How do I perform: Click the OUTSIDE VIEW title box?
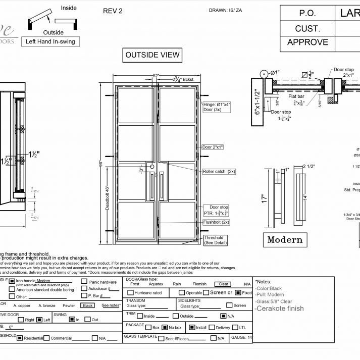tap(152, 55)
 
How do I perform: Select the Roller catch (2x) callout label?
tap(219, 172)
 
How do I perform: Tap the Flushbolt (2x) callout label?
tap(216, 222)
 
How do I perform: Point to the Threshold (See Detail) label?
tap(214, 240)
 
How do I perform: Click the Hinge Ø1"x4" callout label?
tap(218, 108)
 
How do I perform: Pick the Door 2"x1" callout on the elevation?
tap(213, 147)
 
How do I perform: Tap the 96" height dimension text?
tap(101, 164)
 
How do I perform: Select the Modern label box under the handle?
tap(285, 240)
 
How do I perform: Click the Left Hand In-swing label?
tap(50, 42)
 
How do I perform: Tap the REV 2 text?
tap(113, 11)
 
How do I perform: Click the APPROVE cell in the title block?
tap(307, 42)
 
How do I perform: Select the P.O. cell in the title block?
tap(307, 14)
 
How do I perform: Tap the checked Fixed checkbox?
tap(238, 292)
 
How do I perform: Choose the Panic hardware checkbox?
tap(84, 282)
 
